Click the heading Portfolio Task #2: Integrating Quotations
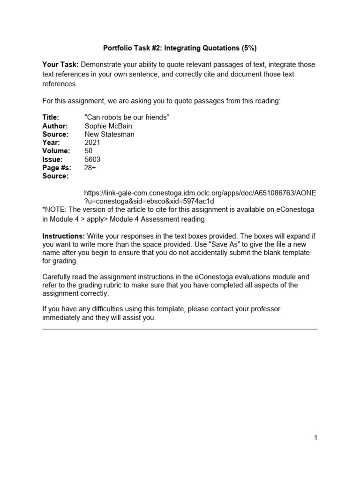coord(180,48)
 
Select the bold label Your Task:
coord(60,65)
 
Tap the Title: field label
coord(51,118)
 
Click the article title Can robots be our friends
coord(126,118)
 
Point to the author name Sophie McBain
coord(108,126)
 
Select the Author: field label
coord(55,126)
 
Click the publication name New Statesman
coord(109,135)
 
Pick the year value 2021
coord(92,143)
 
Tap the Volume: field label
coord(56,151)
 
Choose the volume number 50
coord(89,151)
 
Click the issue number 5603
coord(92,159)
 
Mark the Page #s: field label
coord(57,168)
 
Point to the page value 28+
coord(90,168)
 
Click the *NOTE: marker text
coord(55,210)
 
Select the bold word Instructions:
coord(64,236)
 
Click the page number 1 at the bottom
coord(316,438)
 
